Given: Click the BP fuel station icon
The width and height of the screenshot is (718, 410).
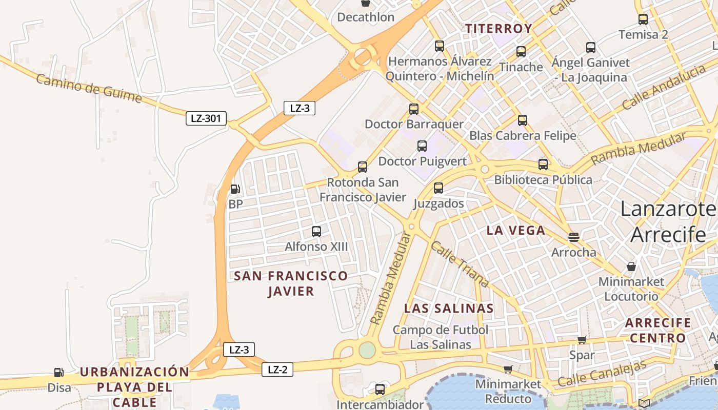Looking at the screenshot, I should pyautogui.click(x=235, y=189).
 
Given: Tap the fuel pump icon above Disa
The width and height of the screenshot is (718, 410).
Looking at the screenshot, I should pyautogui.click(x=59, y=373).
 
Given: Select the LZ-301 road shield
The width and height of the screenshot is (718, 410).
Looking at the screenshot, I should pyautogui.click(x=206, y=119).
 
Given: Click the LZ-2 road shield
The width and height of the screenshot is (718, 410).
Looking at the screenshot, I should pyautogui.click(x=277, y=370).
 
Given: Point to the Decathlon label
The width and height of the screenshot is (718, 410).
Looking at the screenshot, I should pyautogui.click(x=366, y=17).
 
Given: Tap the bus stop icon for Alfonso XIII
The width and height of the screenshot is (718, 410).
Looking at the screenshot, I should pyautogui.click(x=316, y=231).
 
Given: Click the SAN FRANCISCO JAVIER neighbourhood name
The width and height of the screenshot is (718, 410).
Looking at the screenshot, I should pyautogui.click(x=291, y=283).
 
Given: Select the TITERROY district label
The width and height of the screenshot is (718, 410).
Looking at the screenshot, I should pyautogui.click(x=498, y=29).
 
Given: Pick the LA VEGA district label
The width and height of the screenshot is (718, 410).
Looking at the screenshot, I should pyautogui.click(x=515, y=231).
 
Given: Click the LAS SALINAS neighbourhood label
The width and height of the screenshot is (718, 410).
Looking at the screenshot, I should pyautogui.click(x=449, y=309).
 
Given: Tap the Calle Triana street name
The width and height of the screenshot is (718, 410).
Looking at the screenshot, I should pyautogui.click(x=460, y=264).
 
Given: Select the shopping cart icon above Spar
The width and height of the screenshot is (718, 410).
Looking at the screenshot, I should pyautogui.click(x=582, y=340).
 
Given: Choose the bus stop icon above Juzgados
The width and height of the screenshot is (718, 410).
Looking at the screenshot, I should pyautogui.click(x=438, y=188).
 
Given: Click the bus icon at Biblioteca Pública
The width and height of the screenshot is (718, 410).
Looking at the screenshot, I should pyautogui.click(x=543, y=165).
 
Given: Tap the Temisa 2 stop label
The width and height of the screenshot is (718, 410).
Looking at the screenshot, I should pyautogui.click(x=643, y=35).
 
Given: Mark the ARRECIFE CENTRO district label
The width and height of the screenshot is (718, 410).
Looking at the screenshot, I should pyautogui.click(x=658, y=331).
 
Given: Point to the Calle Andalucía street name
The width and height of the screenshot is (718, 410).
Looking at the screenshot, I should pyautogui.click(x=664, y=88).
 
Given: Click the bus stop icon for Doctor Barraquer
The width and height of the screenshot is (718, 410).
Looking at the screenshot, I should pyautogui.click(x=414, y=109).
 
